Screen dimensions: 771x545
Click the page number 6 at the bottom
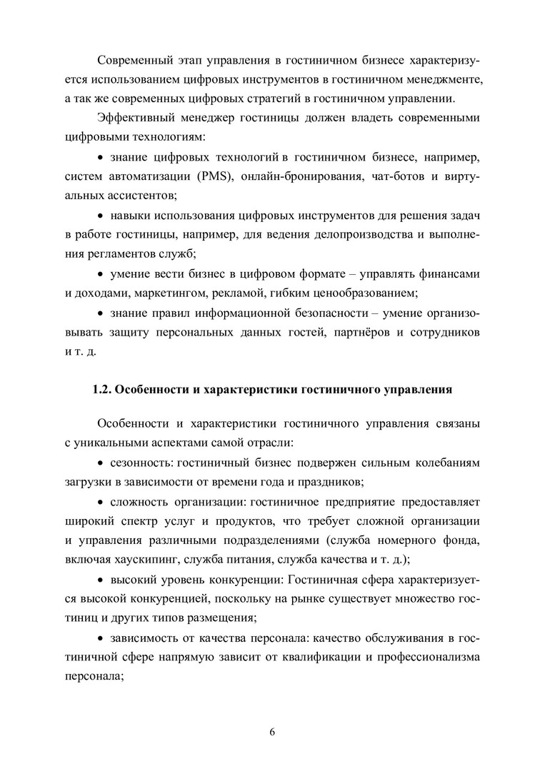coord(272,732)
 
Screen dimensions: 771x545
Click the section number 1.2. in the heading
coord(104,390)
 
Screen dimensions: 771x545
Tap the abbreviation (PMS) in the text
coord(221,176)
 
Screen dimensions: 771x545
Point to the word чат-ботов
coord(391,176)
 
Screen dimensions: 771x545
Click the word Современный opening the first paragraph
coord(137,58)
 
